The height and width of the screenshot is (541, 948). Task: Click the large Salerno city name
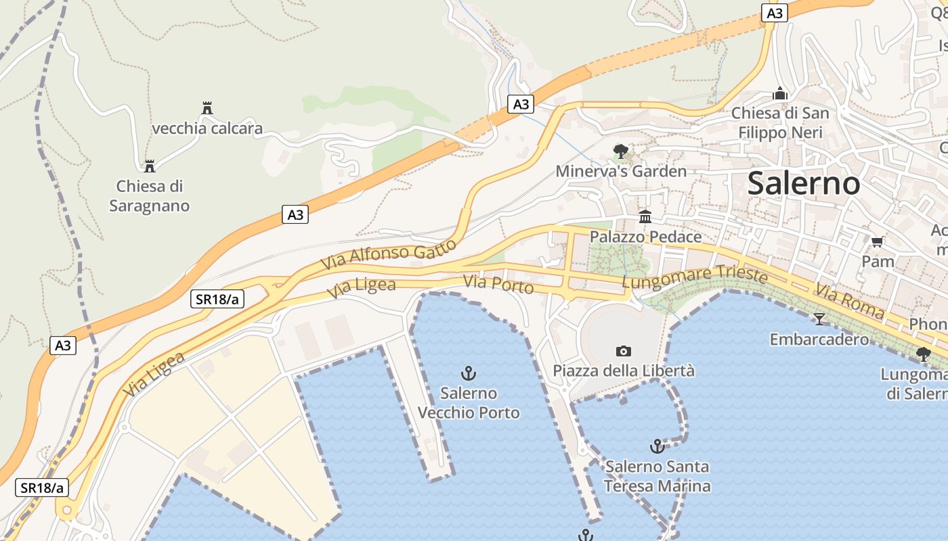click(x=804, y=183)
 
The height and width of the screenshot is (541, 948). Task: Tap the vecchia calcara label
click(x=207, y=128)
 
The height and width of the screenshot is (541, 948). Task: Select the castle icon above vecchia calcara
click(x=207, y=108)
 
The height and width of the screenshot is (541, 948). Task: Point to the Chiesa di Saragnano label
click(x=150, y=195)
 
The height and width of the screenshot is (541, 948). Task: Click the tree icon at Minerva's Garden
click(x=620, y=151)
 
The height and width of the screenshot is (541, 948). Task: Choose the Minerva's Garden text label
click(x=621, y=171)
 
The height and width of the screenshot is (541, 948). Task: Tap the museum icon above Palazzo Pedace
click(x=645, y=217)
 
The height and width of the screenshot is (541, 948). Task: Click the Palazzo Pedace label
click(x=645, y=237)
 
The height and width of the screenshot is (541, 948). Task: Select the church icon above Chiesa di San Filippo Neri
click(x=780, y=93)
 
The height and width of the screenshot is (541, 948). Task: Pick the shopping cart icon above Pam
click(x=878, y=241)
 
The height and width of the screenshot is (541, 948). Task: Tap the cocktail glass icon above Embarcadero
click(x=819, y=319)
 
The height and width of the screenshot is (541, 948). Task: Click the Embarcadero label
click(x=819, y=339)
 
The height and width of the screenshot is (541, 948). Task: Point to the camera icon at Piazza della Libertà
click(x=624, y=351)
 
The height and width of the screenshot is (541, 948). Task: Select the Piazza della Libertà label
click(x=624, y=371)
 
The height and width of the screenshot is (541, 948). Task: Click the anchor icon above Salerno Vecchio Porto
click(x=468, y=373)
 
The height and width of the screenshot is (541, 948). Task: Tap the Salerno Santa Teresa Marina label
click(x=657, y=476)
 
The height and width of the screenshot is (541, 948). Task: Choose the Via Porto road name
click(x=498, y=285)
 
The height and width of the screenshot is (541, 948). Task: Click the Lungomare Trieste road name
click(x=695, y=277)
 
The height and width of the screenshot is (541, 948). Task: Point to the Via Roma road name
click(x=849, y=302)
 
